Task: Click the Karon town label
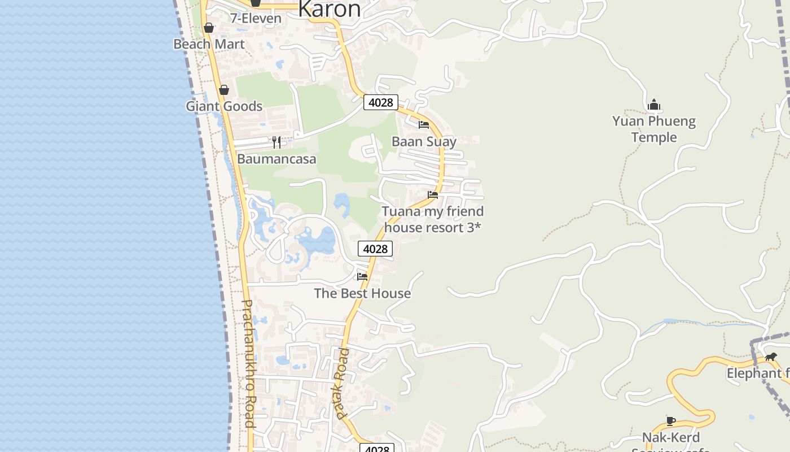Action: coord(329,9)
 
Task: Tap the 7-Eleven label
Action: coord(256,19)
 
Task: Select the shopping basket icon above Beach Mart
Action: coord(209,28)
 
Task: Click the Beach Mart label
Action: coord(209,44)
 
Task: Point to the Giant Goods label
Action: coord(224,106)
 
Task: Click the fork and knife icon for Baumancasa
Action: coord(276,142)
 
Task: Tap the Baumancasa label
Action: coord(276,159)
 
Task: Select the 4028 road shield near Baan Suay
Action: coord(381,102)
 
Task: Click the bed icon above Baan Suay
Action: coord(424,125)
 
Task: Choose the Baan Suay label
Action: coord(424,141)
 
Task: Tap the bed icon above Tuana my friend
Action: coord(433,195)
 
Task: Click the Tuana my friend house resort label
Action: coord(433,219)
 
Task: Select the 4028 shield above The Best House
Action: coord(375,249)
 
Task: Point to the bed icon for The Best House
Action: coord(362,277)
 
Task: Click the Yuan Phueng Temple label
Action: coord(654,129)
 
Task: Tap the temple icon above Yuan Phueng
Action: coord(654,105)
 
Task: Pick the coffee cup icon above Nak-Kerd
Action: coord(671,421)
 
